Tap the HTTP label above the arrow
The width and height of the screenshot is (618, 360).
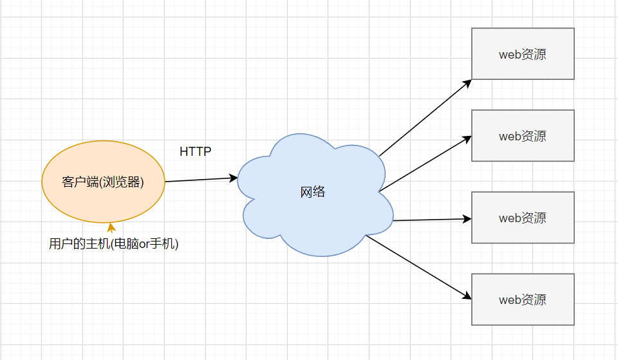point(196,152)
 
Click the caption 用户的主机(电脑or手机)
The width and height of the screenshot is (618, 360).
point(114,244)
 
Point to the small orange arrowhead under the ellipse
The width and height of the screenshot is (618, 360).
point(111,227)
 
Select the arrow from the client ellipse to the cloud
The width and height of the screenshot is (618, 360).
point(200,180)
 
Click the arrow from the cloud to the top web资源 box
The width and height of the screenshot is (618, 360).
point(425,118)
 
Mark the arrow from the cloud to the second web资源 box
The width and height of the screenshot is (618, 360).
point(425,164)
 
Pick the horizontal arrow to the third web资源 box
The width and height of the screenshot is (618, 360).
point(431,220)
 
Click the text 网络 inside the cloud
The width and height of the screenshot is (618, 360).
point(313,192)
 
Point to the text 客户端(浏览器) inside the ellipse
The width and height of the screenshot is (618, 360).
point(103,182)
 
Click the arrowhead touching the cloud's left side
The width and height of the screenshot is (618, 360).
point(234,178)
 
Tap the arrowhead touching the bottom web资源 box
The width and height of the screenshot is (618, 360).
point(467,297)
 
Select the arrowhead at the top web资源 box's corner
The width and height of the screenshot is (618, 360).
point(468,82)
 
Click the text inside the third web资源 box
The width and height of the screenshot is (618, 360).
point(523,218)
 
